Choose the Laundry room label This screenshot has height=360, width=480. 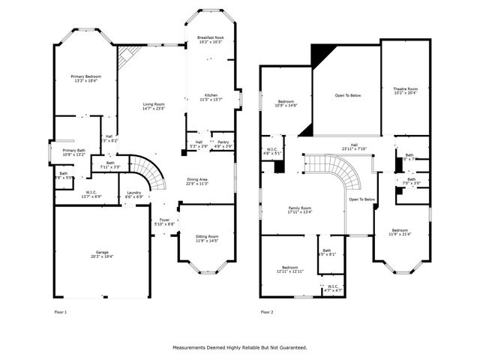coord(133,193)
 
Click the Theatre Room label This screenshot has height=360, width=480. coord(406,91)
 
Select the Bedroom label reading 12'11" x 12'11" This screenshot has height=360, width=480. coord(290,268)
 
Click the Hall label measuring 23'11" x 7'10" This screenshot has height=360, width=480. coord(355,146)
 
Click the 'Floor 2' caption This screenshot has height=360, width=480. coord(267,311)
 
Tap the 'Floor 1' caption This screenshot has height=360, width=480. coord(60,311)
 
